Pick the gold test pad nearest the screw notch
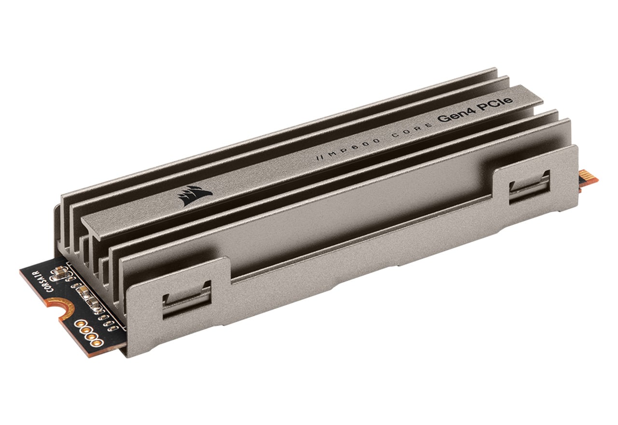pos(81,324)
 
